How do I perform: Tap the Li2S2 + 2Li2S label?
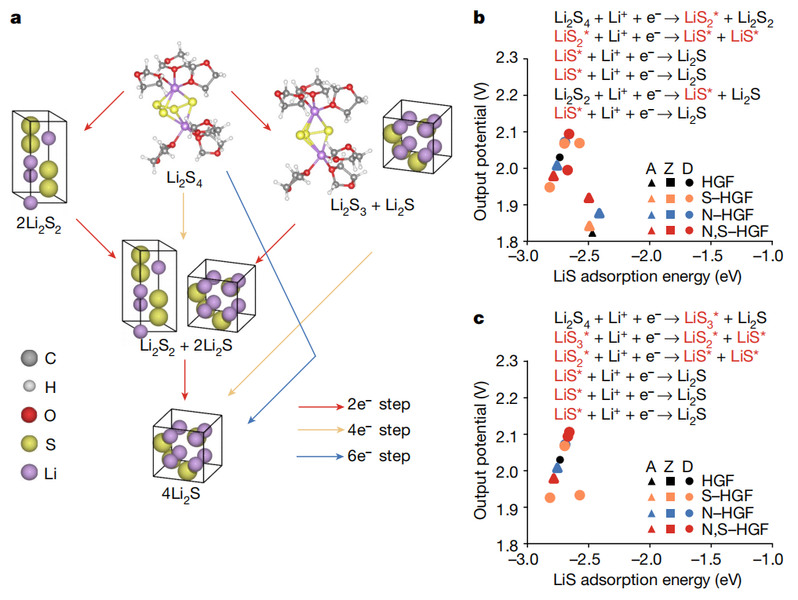(181, 344)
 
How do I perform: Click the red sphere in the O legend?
(30, 415)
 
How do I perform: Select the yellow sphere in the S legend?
(30, 444)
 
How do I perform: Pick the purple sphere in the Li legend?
(30, 473)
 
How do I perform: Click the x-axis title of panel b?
(647, 277)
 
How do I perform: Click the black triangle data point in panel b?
(592, 233)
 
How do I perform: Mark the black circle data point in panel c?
(559, 460)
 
